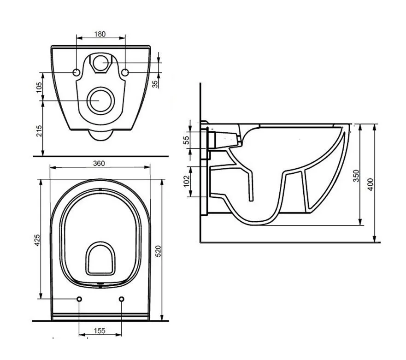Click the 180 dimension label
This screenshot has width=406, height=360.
point(100,34)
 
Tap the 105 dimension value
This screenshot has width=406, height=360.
point(39,87)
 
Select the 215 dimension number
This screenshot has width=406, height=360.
point(39,131)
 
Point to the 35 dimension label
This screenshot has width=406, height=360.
point(155,84)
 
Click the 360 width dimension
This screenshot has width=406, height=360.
point(99,164)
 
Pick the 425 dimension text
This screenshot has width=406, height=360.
point(37,240)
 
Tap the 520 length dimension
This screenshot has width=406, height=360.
point(158,251)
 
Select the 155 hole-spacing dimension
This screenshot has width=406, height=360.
point(100,331)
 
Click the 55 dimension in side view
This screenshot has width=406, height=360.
point(186,140)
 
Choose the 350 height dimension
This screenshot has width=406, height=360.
point(356,176)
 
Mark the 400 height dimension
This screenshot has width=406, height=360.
point(371,184)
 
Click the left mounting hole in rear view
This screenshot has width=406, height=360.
point(76,72)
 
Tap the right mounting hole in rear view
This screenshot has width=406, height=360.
point(125,72)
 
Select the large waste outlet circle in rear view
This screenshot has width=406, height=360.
point(101,100)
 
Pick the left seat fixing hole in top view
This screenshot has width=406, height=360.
point(79,299)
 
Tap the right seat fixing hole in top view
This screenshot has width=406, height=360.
point(122,299)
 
